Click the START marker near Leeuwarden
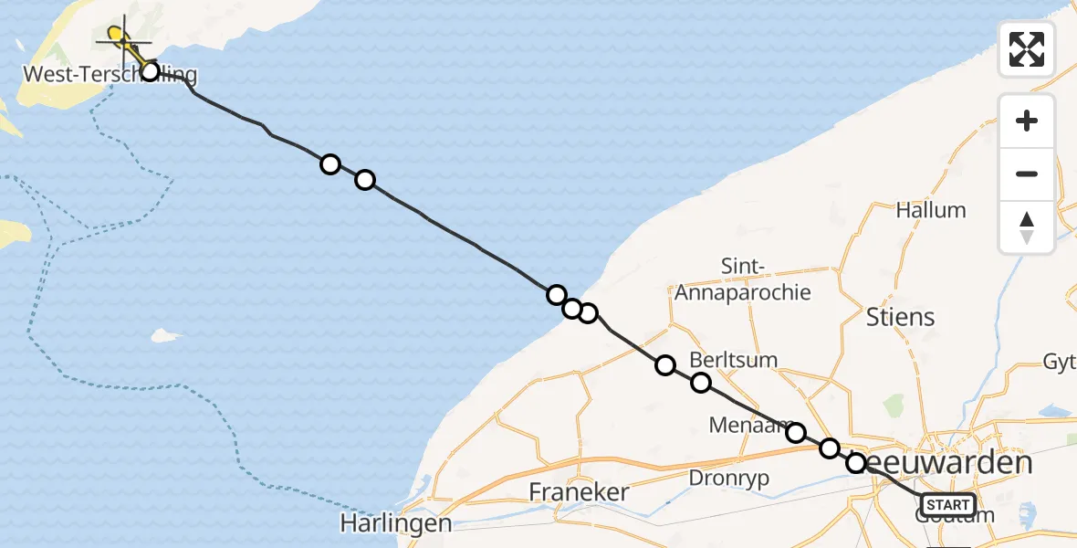point(948,504)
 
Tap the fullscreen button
point(1027,49)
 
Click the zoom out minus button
point(1027,174)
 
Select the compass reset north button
point(1027,227)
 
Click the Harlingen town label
point(395,523)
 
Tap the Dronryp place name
point(728,478)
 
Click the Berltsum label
point(734,359)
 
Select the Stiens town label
point(901,317)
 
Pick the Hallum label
point(930,210)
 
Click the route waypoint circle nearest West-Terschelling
point(150,71)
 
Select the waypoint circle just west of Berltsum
point(665,365)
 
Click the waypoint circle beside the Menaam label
point(796,432)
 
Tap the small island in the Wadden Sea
point(164,335)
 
